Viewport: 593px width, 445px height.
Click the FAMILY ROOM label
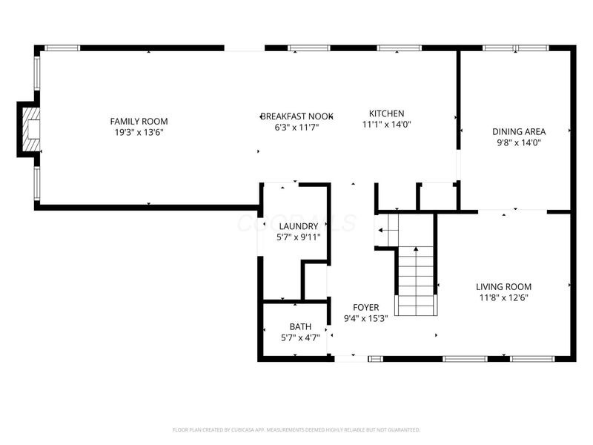[x=139, y=121]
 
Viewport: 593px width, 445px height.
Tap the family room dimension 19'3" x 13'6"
[x=139, y=132]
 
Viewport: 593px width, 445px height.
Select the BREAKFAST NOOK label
[x=296, y=116]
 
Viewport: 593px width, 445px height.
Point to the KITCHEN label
[x=386, y=113]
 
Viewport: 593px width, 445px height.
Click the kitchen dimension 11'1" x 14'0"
[x=386, y=125]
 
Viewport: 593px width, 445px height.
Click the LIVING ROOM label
[x=503, y=286]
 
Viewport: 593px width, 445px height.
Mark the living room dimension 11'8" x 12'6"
[x=503, y=297]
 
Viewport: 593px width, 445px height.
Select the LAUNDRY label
[x=299, y=226]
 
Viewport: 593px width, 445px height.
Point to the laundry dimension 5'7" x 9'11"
[x=299, y=237]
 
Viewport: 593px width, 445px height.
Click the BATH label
[x=300, y=326]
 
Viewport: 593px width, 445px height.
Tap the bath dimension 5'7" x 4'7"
[x=300, y=337]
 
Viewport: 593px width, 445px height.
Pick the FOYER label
[x=365, y=307]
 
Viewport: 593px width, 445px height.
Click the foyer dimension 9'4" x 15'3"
[x=365, y=318]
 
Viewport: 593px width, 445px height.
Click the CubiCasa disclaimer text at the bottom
[x=296, y=429]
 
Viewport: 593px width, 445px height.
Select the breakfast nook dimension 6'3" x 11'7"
[x=296, y=128]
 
